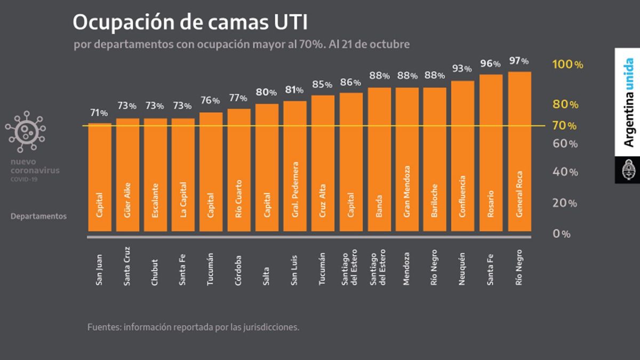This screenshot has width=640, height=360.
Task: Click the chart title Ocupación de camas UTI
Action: coord(190,22)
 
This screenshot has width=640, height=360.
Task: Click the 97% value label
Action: coord(518,61)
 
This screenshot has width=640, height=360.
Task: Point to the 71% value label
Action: coord(99,113)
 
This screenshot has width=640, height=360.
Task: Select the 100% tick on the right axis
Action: coord(567,65)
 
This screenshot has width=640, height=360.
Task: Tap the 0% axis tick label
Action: coord(562,234)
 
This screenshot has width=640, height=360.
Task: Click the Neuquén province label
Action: coord(462,269)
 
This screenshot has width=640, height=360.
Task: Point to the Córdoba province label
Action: coord(238,269)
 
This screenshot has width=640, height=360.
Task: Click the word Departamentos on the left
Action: coord(38,217)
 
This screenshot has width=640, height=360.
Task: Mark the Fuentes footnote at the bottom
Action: coord(193,327)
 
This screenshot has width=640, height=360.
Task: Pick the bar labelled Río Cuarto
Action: coord(239,170)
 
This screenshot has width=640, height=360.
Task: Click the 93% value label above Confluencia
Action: coord(462,69)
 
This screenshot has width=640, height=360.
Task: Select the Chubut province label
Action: coord(155,270)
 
